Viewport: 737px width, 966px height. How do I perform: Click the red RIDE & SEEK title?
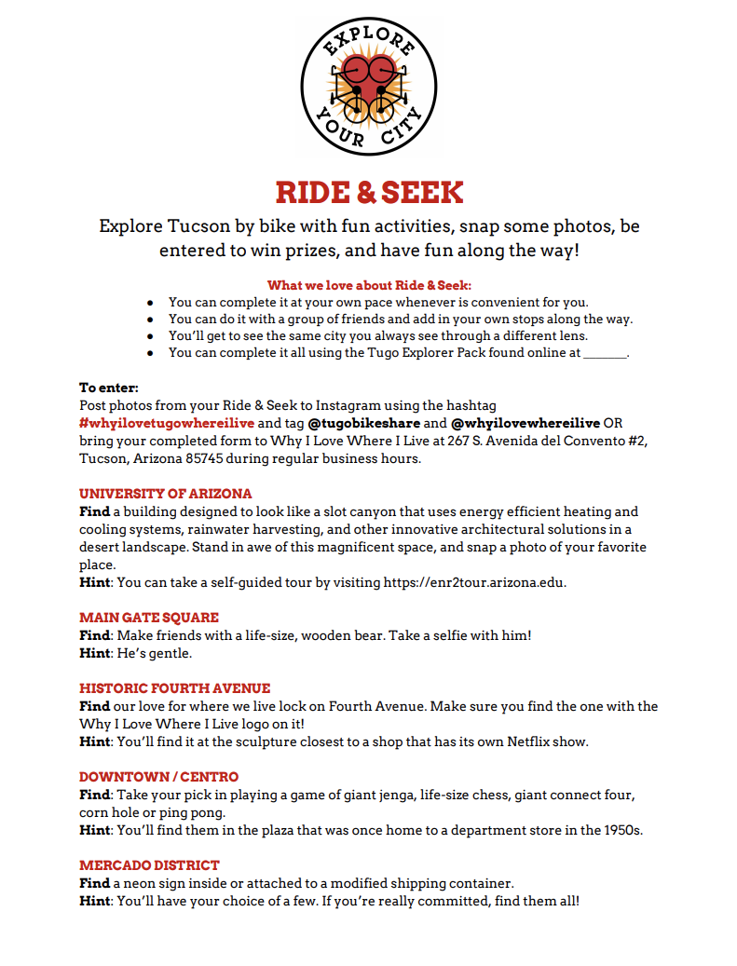click(369, 193)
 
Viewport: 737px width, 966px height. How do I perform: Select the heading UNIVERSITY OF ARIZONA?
click(166, 494)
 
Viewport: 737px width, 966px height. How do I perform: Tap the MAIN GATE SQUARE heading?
click(149, 618)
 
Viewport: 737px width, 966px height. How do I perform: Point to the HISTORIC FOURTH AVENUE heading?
click(175, 688)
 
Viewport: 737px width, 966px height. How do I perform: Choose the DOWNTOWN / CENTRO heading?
click(158, 777)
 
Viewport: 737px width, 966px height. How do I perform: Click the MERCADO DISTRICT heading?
click(149, 865)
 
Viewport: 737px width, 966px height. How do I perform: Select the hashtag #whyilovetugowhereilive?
click(167, 422)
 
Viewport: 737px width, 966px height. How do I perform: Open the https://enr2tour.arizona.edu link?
click(474, 583)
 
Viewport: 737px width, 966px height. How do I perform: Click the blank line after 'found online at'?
click(605, 353)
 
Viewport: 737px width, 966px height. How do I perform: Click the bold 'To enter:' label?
click(108, 388)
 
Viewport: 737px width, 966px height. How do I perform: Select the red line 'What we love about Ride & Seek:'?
click(369, 285)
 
